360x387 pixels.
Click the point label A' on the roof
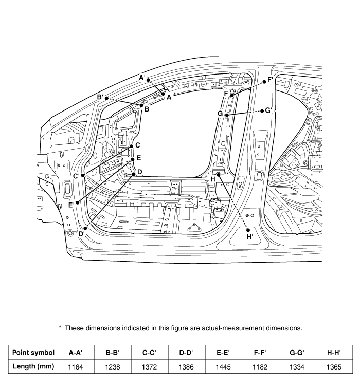tap(143, 78)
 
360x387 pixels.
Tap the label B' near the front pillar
tap(100, 97)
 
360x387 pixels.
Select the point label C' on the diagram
tap(76, 176)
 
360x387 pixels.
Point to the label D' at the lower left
tap(81, 234)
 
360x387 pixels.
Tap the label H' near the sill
tap(250, 237)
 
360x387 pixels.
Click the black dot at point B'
tap(106, 98)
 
